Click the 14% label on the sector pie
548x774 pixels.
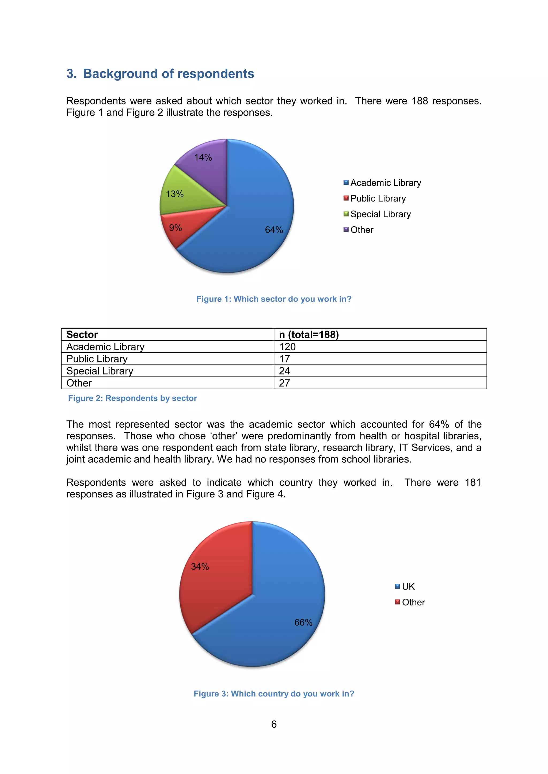pyautogui.click(x=203, y=157)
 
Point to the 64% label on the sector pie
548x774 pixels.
pyautogui.click(x=274, y=230)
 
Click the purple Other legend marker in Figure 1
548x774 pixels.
pyautogui.click(x=346, y=230)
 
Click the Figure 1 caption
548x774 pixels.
pyautogui.click(x=274, y=299)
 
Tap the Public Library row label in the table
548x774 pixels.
pyautogui.click(x=97, y=359)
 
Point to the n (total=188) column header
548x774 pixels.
pyautogui.click(x=309, y=334)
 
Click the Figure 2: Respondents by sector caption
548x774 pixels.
pyautogui.click(x=132, y=398)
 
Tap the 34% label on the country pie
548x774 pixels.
pyautogui.click(x=200, y=567)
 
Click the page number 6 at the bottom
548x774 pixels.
pyautogui.click(x=274, y=724)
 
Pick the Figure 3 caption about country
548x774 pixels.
pyautogui.click(x=274, y=694)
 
